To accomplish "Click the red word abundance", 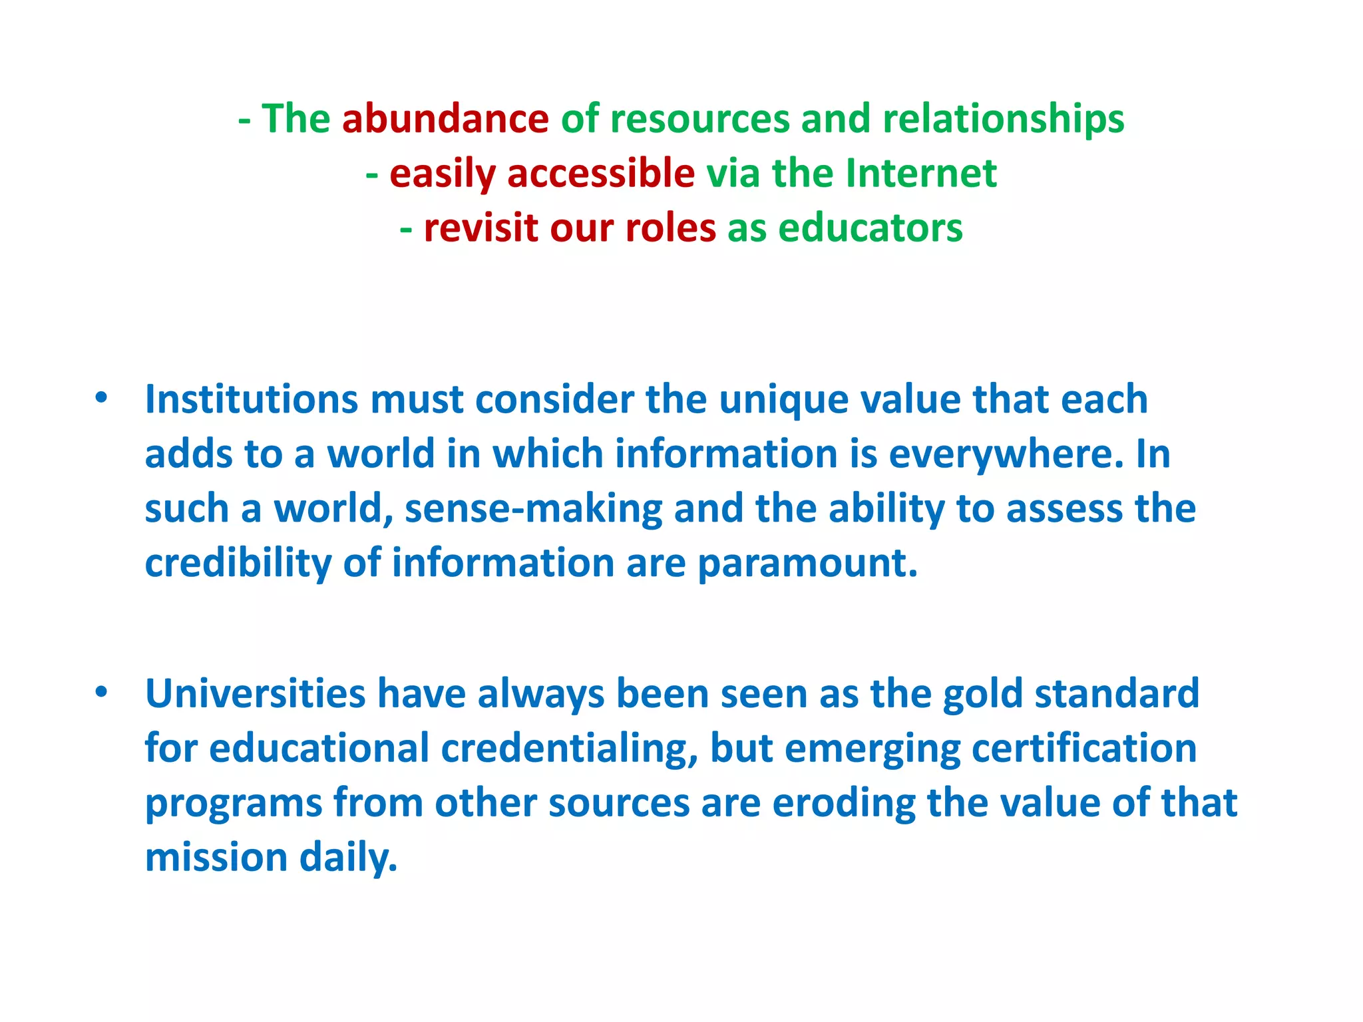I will click(x=445, y=119).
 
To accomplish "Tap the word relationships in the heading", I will click(x=1003, y=119).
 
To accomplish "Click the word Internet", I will click(x=921, y=174).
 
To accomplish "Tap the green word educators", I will click(x=870, y=228).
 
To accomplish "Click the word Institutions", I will click(x=252, y=400).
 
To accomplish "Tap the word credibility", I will click(x=238, y=564).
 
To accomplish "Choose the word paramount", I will click(x=807, y=564).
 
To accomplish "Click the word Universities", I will click(x=255, y=694).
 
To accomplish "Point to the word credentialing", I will click(x=569, y=749).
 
